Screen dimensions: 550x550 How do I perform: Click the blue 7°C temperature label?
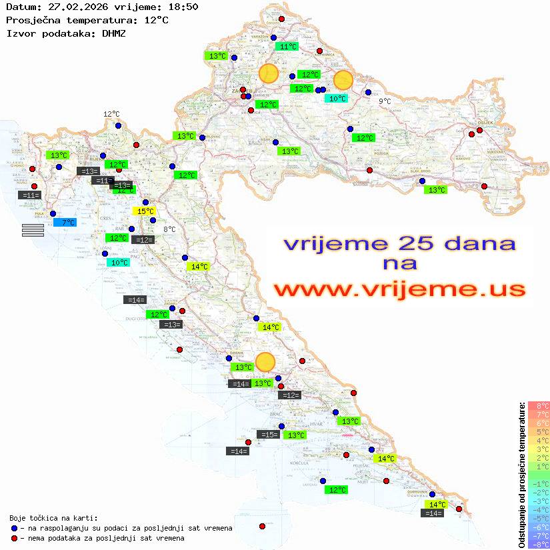[68, 223]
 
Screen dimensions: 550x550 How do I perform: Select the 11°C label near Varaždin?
[288, 47]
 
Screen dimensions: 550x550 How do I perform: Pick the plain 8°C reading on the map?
[169, 229]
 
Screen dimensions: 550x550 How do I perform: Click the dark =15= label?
[268, 435]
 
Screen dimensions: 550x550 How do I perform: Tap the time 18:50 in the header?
[183, 6]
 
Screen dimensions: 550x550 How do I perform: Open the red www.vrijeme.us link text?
[399, 289]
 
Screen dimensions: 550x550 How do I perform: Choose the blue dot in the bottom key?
[14, 528]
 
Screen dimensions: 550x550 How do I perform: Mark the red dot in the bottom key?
[14, 538]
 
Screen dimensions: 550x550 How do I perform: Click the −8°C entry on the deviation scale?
[539, 545]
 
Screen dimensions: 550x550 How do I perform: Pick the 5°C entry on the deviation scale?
[539, 432]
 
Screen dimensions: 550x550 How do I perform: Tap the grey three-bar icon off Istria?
[33, 230]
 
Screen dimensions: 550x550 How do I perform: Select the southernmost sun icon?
[265, 362]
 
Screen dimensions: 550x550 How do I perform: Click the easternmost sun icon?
[343, 80]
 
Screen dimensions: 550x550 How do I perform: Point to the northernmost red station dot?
[281, 19]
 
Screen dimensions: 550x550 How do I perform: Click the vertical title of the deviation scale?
[521, 475]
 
